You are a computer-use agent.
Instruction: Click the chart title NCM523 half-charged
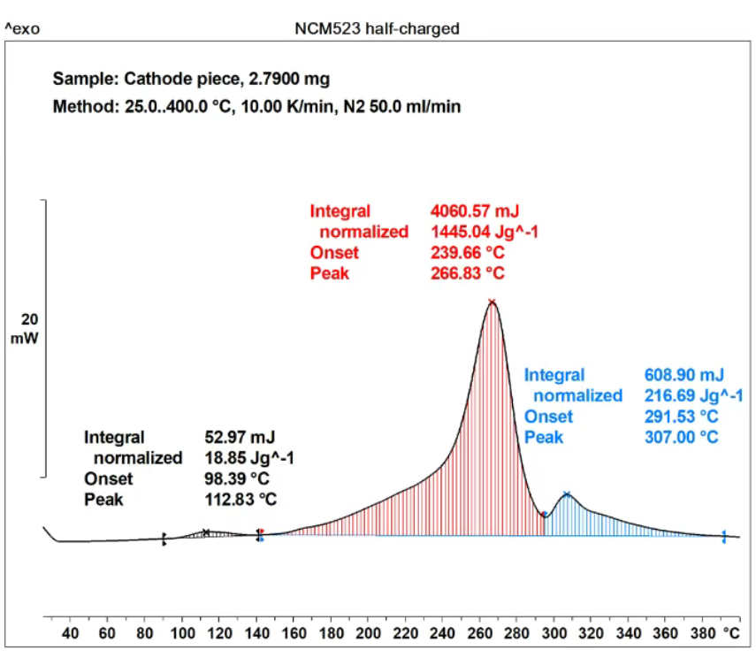(377, 28)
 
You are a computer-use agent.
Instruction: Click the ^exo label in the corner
(22, 29)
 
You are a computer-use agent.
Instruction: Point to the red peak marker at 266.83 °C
(492, 302)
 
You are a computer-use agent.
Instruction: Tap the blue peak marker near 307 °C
(567, 494)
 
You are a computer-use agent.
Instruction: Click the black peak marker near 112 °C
(206, 532)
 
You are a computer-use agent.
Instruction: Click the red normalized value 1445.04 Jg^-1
(485, 232)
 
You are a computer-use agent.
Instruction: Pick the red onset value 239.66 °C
(468, 253)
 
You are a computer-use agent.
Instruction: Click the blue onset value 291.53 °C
(682, 417)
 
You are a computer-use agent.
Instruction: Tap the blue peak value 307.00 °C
(682, 438)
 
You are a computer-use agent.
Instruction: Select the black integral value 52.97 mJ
(240, 437)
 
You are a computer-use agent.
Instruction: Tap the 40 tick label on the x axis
(71, 633)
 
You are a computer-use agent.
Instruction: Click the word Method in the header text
(79, 107)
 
